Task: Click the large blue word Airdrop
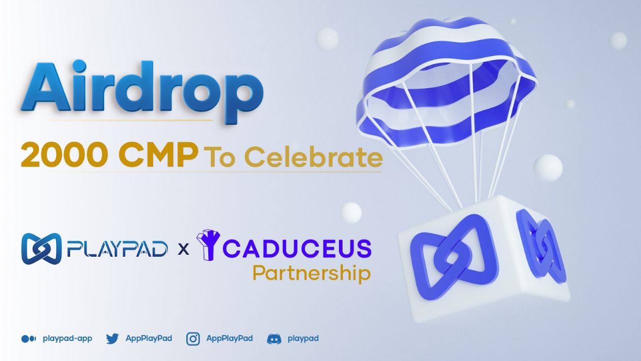pos(142,92)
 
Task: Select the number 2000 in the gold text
pos(65,156)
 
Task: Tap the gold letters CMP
pos(158,156)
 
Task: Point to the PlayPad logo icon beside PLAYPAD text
pos(42,249)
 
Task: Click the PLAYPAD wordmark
pos(117,249)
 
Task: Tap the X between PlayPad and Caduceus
pos(183,249)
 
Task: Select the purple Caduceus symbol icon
pos(208,245)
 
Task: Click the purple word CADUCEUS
pos(297,249)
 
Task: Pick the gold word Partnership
pos(311,274)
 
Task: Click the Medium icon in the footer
pos(29,339)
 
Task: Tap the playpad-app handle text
pos(68,339)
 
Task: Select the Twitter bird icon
pos(113,338)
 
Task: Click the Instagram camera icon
pos(193,339)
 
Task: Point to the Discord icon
pos(274,339)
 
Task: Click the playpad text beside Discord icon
pos(303,339)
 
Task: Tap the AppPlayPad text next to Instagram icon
pos(229,338)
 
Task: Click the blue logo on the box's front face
pos(454,257)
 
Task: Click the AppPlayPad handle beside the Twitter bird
pos(149,338)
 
